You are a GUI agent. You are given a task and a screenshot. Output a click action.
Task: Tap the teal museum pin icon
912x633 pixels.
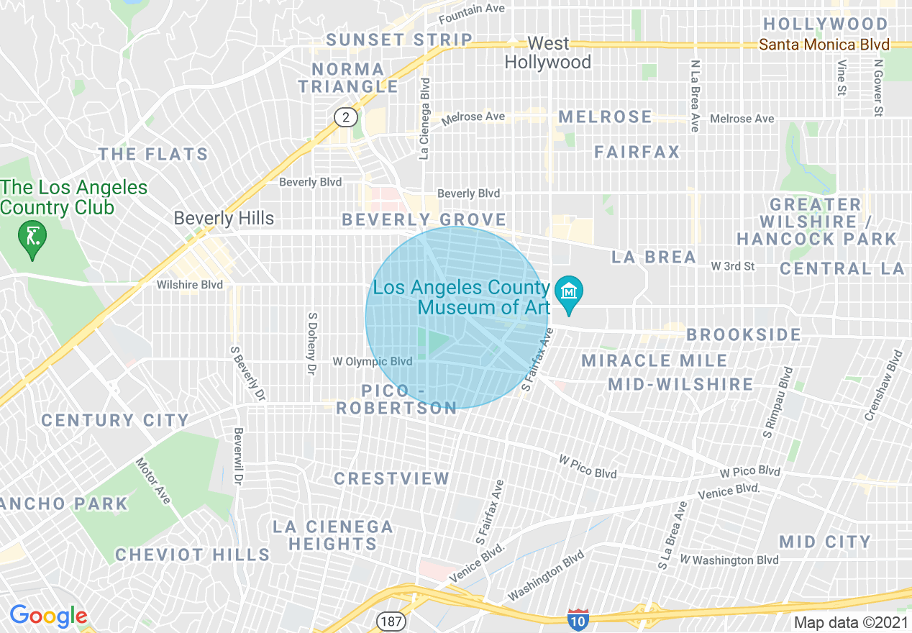click(569, 293)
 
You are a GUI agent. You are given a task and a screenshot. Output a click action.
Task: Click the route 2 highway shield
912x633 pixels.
click(345, 117)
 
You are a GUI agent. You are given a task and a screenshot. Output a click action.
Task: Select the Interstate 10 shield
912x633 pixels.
click(578, 620)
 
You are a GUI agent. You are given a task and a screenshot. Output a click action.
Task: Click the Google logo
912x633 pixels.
click(48, 616)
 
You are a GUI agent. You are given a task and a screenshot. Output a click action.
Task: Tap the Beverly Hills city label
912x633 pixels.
click(224, 218)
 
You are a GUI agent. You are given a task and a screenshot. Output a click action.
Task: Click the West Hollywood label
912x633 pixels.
click(548, 53)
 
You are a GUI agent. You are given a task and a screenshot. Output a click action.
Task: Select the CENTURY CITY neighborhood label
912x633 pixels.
click(114, 420)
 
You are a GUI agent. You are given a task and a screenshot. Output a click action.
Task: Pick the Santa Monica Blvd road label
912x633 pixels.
click(824, 45)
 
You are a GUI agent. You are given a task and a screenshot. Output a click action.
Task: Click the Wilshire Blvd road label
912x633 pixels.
click(190, 285)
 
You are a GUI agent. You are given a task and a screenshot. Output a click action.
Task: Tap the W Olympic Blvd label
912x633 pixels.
click(373, 361)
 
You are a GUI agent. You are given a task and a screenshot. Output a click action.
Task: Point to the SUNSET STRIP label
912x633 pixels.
click(399, 40)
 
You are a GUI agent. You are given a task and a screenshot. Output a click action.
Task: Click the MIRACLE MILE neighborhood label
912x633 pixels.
click(655, 360)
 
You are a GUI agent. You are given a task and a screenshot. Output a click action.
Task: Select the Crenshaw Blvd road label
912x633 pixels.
click(884, 386)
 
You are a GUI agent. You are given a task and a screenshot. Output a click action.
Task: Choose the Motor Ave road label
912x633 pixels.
click(153, 481)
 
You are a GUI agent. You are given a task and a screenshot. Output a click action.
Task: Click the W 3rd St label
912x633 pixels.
click(732, 266)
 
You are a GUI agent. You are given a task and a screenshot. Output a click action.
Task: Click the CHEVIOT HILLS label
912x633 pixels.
click(192, 555)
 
